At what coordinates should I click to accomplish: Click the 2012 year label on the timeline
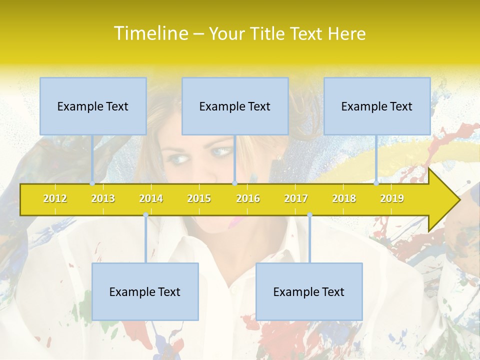pyautogui.click(x=55, y=198)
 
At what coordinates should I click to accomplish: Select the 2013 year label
pyautogui.click(x=103, y=198)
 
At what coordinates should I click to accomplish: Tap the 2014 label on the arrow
pyautogui.click(x=151, y=198)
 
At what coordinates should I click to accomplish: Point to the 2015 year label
pyautogui.click(x=199, y=198)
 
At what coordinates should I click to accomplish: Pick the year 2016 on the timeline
pyautogui.click(x=248, y=198)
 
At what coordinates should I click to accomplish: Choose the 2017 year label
pyautogui.click(x=296, y=198)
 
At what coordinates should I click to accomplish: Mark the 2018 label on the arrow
pyautogui.click(x=344, y=198)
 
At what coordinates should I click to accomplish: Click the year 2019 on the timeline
pyautogui.click(x=392, y=198)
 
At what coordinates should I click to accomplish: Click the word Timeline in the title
pyautogui.click(x=150, y=33)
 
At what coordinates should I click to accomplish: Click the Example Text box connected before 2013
pyautogui.click(x=93, y=106)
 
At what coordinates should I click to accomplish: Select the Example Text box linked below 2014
pyautogui.click(x=145, y=291)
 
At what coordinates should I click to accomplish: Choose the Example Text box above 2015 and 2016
pyautogui.click(x=235, y=106)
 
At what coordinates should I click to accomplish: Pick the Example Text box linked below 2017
pyautogui.click(x=309, y=291)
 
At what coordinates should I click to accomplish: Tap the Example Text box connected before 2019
pyautogui.click(x=377, y=106)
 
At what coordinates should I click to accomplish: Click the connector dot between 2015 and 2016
pyautogui.click(x=234, y=183)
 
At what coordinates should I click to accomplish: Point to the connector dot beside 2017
pyautogui.click(x=309, y=215)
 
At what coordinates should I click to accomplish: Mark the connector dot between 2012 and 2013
pyautogui.click(x=92, y=183)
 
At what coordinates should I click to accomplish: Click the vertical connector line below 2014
pyautogui.click(x=145, y=240)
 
